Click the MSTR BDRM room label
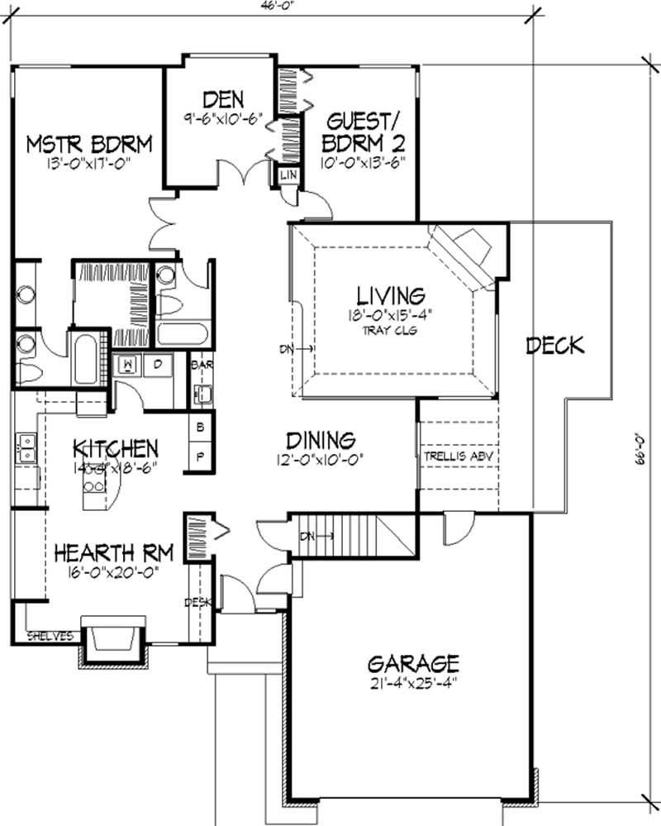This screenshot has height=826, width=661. point(88,144)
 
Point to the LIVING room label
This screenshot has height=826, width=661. point(391,294)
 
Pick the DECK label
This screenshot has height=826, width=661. point(555,346)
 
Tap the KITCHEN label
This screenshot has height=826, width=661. point(115,449)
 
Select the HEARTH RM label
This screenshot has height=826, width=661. point(104,551)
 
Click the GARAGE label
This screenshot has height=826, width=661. point(412,663)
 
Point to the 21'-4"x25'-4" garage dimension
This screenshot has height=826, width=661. point(412,684)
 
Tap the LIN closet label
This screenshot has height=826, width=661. point(289,175)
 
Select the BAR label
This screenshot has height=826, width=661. point(199,364)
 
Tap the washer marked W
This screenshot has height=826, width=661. point(129,364)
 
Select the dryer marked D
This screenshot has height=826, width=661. point(156,364)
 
